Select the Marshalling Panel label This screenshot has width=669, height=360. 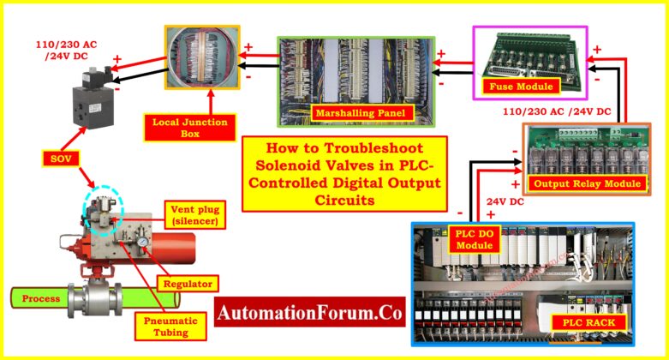coord(352,112)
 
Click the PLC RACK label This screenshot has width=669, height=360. coord(594,322)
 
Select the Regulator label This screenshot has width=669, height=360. coord(187,283)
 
